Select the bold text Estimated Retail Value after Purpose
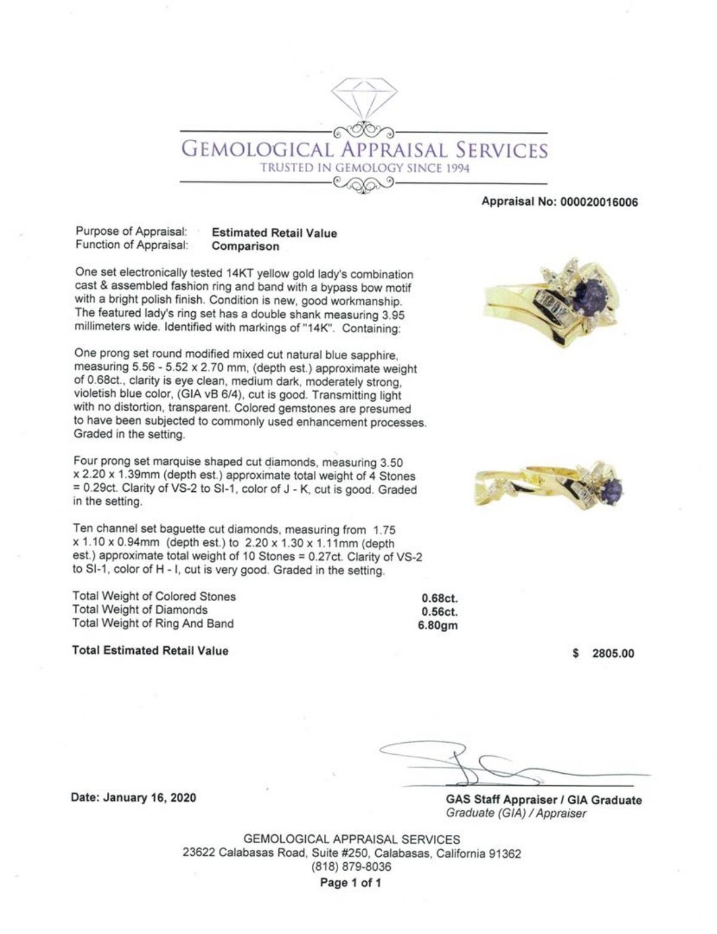pos(274,233)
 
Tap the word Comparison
pos(246,246)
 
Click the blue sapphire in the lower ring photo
pos(612,489)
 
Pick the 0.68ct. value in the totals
pos(439,598)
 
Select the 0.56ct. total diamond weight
pos(439,612)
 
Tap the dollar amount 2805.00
pos(612,653)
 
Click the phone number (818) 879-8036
pos(351,866)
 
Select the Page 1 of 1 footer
pos(351,883)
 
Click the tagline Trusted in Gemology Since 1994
pos(364,168)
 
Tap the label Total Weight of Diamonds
pos(140,610)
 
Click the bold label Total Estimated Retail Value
pos(150,650)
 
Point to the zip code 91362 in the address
pos(505,853)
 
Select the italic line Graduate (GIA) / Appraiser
pos(516,813)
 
